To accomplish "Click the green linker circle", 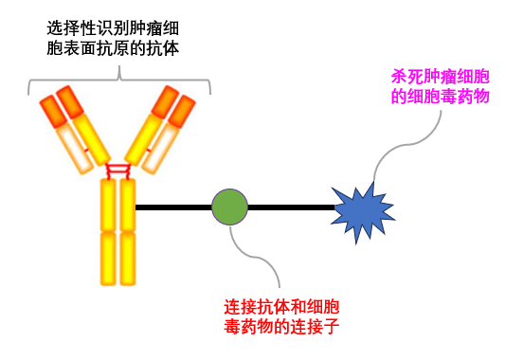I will click(x=229, y=206).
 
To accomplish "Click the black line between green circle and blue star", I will click(x=290, y=206).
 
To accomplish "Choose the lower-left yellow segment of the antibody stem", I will click(x=108, y=258).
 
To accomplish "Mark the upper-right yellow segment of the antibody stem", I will click(x=129, y=204).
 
